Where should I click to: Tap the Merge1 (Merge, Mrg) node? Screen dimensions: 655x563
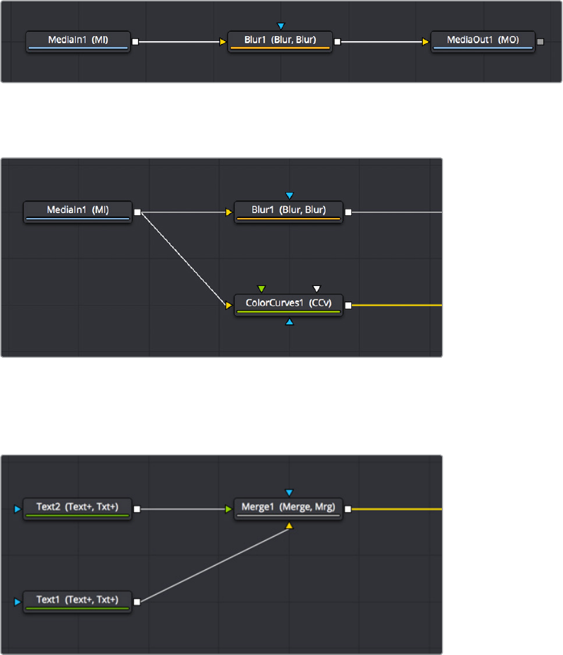tap(289, 508)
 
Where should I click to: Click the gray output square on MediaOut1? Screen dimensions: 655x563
tap(541, 42)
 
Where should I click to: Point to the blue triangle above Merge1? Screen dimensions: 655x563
tap(289, 492)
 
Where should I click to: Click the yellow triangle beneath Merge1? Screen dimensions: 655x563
tap(289, 525)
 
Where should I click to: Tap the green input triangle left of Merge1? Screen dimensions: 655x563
tap(229, 508)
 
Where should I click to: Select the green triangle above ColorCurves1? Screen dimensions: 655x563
tap(261, 289)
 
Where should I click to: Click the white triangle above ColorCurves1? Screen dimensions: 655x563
tap(317, 289)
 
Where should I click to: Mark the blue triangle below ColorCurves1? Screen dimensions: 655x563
tap(289, 322)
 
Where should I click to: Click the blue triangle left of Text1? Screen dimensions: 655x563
tap(18, 602)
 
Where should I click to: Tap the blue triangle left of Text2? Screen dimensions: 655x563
tap(18, 508)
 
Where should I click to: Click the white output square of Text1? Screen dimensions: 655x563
tap(137, 602)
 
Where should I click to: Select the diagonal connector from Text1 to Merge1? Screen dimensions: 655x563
tap(212, 565)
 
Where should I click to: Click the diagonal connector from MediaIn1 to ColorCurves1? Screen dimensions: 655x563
tap(184, 258)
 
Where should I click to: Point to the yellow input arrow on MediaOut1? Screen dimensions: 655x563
tap(426, 42)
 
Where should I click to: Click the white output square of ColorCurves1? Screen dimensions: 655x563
tap(348, 305)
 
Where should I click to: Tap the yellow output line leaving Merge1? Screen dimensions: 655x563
tap(397, 508)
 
